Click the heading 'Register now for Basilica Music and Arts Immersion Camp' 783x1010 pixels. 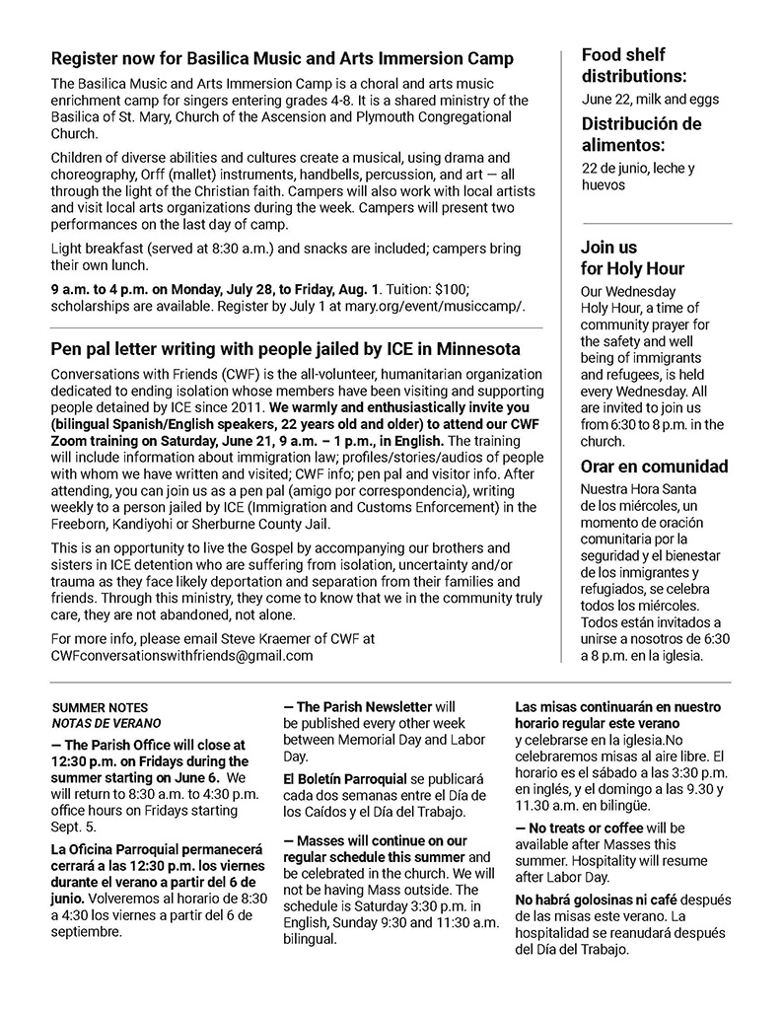(x=282, y=59)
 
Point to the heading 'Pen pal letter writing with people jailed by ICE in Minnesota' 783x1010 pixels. (x=286, y=349)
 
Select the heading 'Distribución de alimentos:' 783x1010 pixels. (x=641, y=134)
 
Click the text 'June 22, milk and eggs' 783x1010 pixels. (x=650, y=99)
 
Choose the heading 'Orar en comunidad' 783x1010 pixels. (x=655, y=467)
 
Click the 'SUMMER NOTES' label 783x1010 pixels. (x=100, y=708)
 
